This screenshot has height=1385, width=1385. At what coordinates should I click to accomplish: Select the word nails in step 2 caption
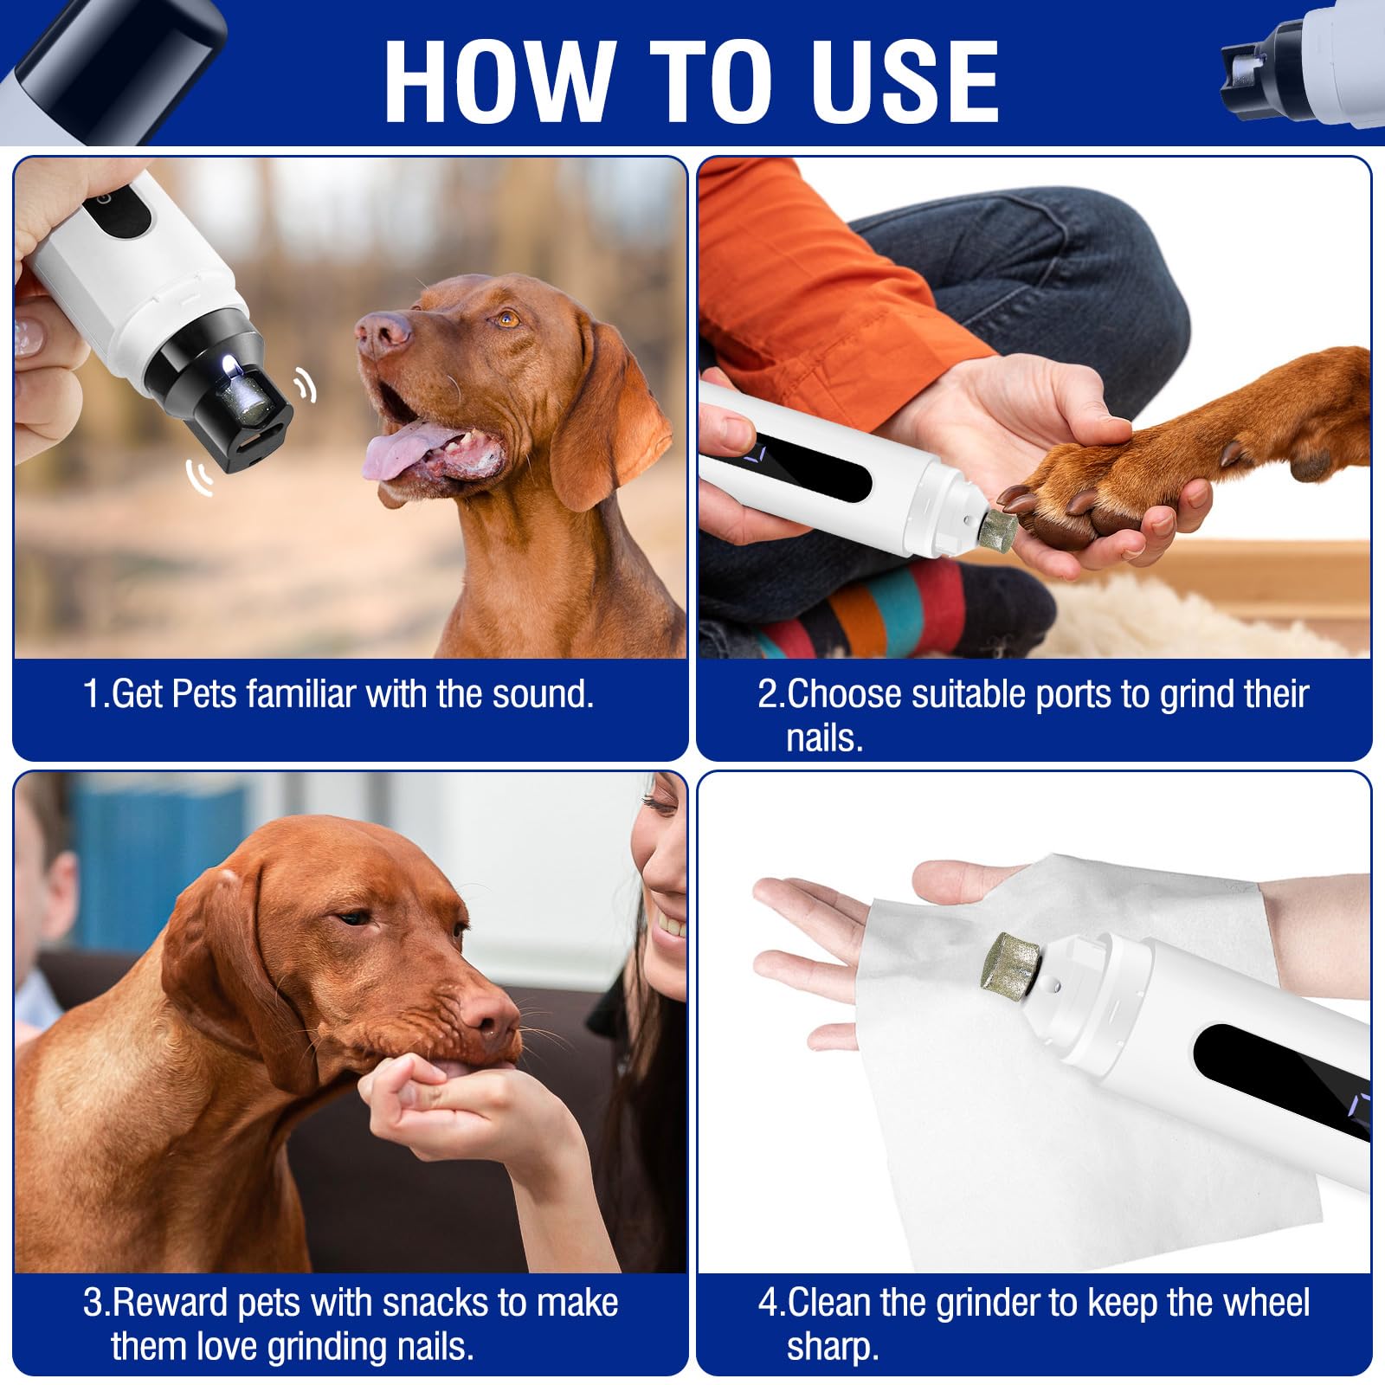(x=824, y=738)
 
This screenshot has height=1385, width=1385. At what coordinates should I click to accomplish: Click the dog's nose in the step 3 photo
(x=492, y=1016)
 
